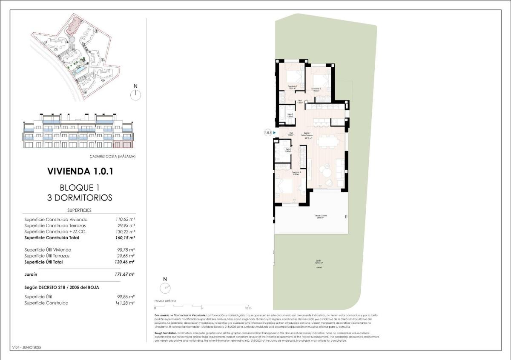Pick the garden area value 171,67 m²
tap(125, 274)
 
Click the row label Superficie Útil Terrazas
tap(47, 256)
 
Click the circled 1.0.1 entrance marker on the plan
tap(268, 133)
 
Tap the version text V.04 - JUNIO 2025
tap(27, 348)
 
